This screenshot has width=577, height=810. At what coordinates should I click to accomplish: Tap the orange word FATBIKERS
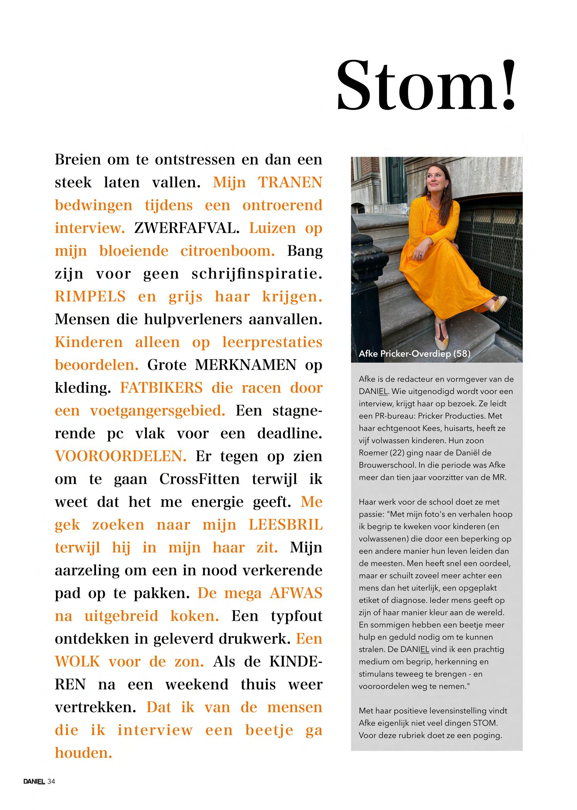(161, 388)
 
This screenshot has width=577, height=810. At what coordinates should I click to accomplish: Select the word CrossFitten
(199, 479)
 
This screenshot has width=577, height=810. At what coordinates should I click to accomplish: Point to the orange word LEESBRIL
(285, 525)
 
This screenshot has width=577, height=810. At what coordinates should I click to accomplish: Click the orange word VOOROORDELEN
(120, 456)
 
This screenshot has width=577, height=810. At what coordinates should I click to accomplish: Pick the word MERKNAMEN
(245, 365)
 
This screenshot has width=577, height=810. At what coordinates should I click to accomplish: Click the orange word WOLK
(77, 662)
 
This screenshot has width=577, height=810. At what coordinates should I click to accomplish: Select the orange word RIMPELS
(90, 296)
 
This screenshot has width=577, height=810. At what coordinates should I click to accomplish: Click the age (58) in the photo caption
(462, 354)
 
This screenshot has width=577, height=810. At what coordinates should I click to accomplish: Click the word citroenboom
(227, 251)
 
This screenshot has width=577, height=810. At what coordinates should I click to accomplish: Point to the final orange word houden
(83, 753)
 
